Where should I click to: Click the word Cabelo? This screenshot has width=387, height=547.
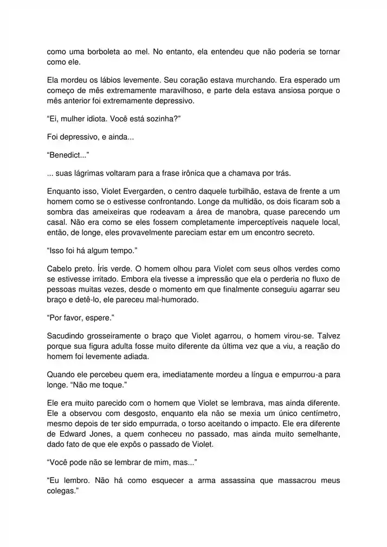click(x=60, y=269)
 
